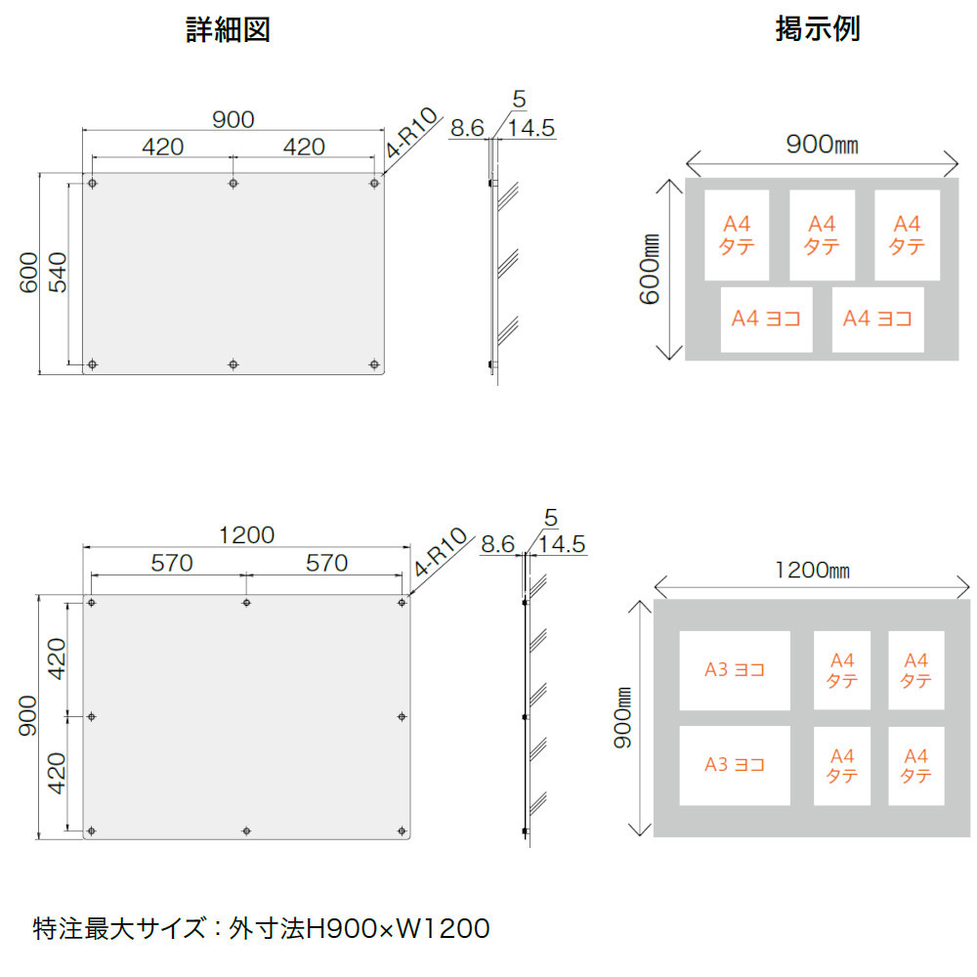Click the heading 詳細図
pos(228,30)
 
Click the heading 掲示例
pos(817,29)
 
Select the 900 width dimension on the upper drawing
pos(233,119)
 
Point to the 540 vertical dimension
pos(58,273)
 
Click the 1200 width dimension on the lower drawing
pos(246,534)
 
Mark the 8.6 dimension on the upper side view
pos(466,128)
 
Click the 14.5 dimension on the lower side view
pos(562,544)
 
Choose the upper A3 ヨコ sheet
pos(735,670)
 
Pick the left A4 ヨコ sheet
pos(767,319)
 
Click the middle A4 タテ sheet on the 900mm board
pos(822,235)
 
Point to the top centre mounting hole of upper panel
pos(233,184)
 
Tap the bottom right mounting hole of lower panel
pos(403,830)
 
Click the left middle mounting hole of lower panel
pos(92,717)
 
